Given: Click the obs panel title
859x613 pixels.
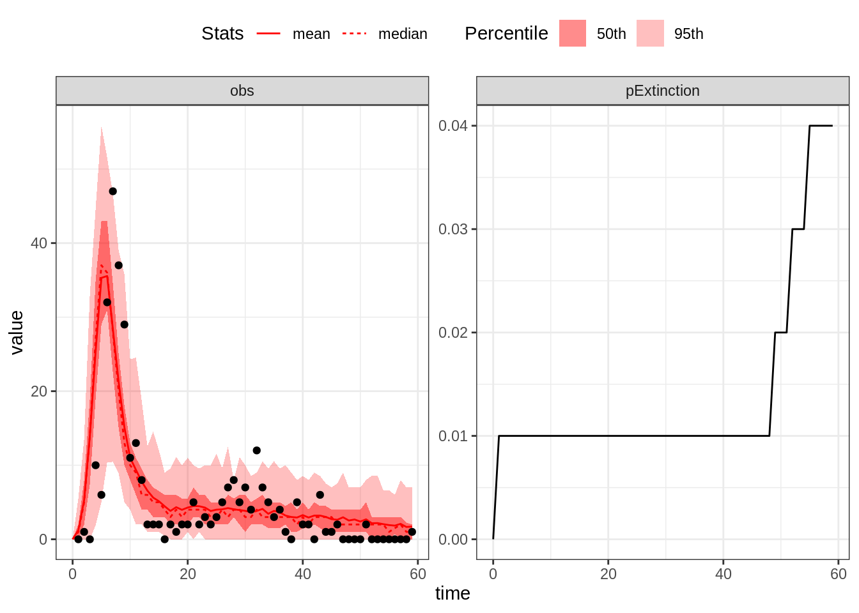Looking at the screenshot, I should click(242, 91).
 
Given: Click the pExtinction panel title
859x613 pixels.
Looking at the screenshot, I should click(662, 91).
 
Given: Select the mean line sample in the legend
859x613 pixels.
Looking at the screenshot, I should click(268, 33).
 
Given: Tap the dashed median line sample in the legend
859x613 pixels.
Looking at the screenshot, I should click(355, 33).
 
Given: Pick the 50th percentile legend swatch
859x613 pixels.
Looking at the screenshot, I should click(572, 33).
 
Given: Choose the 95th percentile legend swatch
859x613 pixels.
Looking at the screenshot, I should click(649, 33).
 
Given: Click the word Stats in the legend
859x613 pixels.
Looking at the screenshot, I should click(222, 33).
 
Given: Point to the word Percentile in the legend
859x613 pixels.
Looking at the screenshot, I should click(506, 33).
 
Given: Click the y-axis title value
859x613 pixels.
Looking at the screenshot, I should click(17, 332).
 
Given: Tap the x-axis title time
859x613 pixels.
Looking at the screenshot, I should click(453, 593).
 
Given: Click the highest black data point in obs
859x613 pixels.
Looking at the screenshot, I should click(112, 191).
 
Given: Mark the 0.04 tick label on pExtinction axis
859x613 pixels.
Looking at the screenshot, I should click(453, 126).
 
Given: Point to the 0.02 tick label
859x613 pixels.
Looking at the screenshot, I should click(453, 333).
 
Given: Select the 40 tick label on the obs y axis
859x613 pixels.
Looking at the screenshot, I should click(39, 243).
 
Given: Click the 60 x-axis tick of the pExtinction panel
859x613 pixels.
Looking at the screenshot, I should click(838, 574).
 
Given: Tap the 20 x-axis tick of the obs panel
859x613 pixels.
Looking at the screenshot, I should click(187, 574).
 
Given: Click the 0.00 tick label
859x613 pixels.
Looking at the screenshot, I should click(453, 540).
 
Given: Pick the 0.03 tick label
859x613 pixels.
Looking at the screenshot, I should click(453, 229).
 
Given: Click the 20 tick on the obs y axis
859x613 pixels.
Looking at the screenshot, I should click(39, 391).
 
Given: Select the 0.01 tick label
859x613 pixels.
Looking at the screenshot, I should click(453, 436).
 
